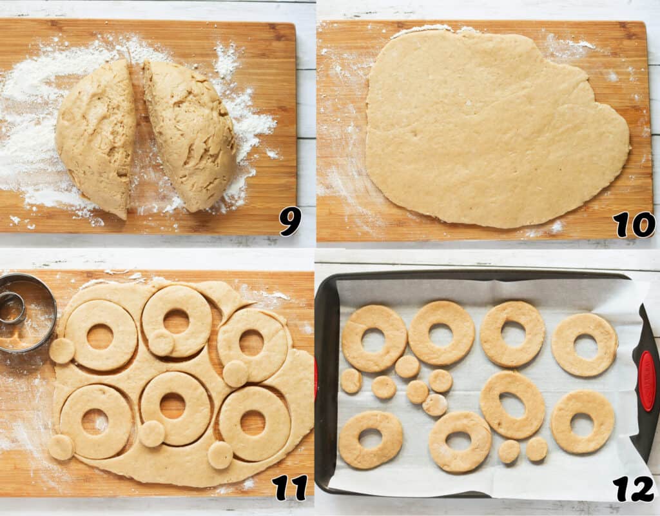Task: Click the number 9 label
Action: (x=290, y=223)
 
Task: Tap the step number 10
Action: (x=634, y=224)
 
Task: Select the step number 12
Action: (x=634, y=489)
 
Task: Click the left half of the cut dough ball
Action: (x=97, y=135)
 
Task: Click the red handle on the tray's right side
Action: (x=646, y=381)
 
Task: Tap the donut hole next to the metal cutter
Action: (x=62, y=350)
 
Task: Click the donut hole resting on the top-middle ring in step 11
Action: (x=161, y=342)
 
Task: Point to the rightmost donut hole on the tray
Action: (x=536, y=449)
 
